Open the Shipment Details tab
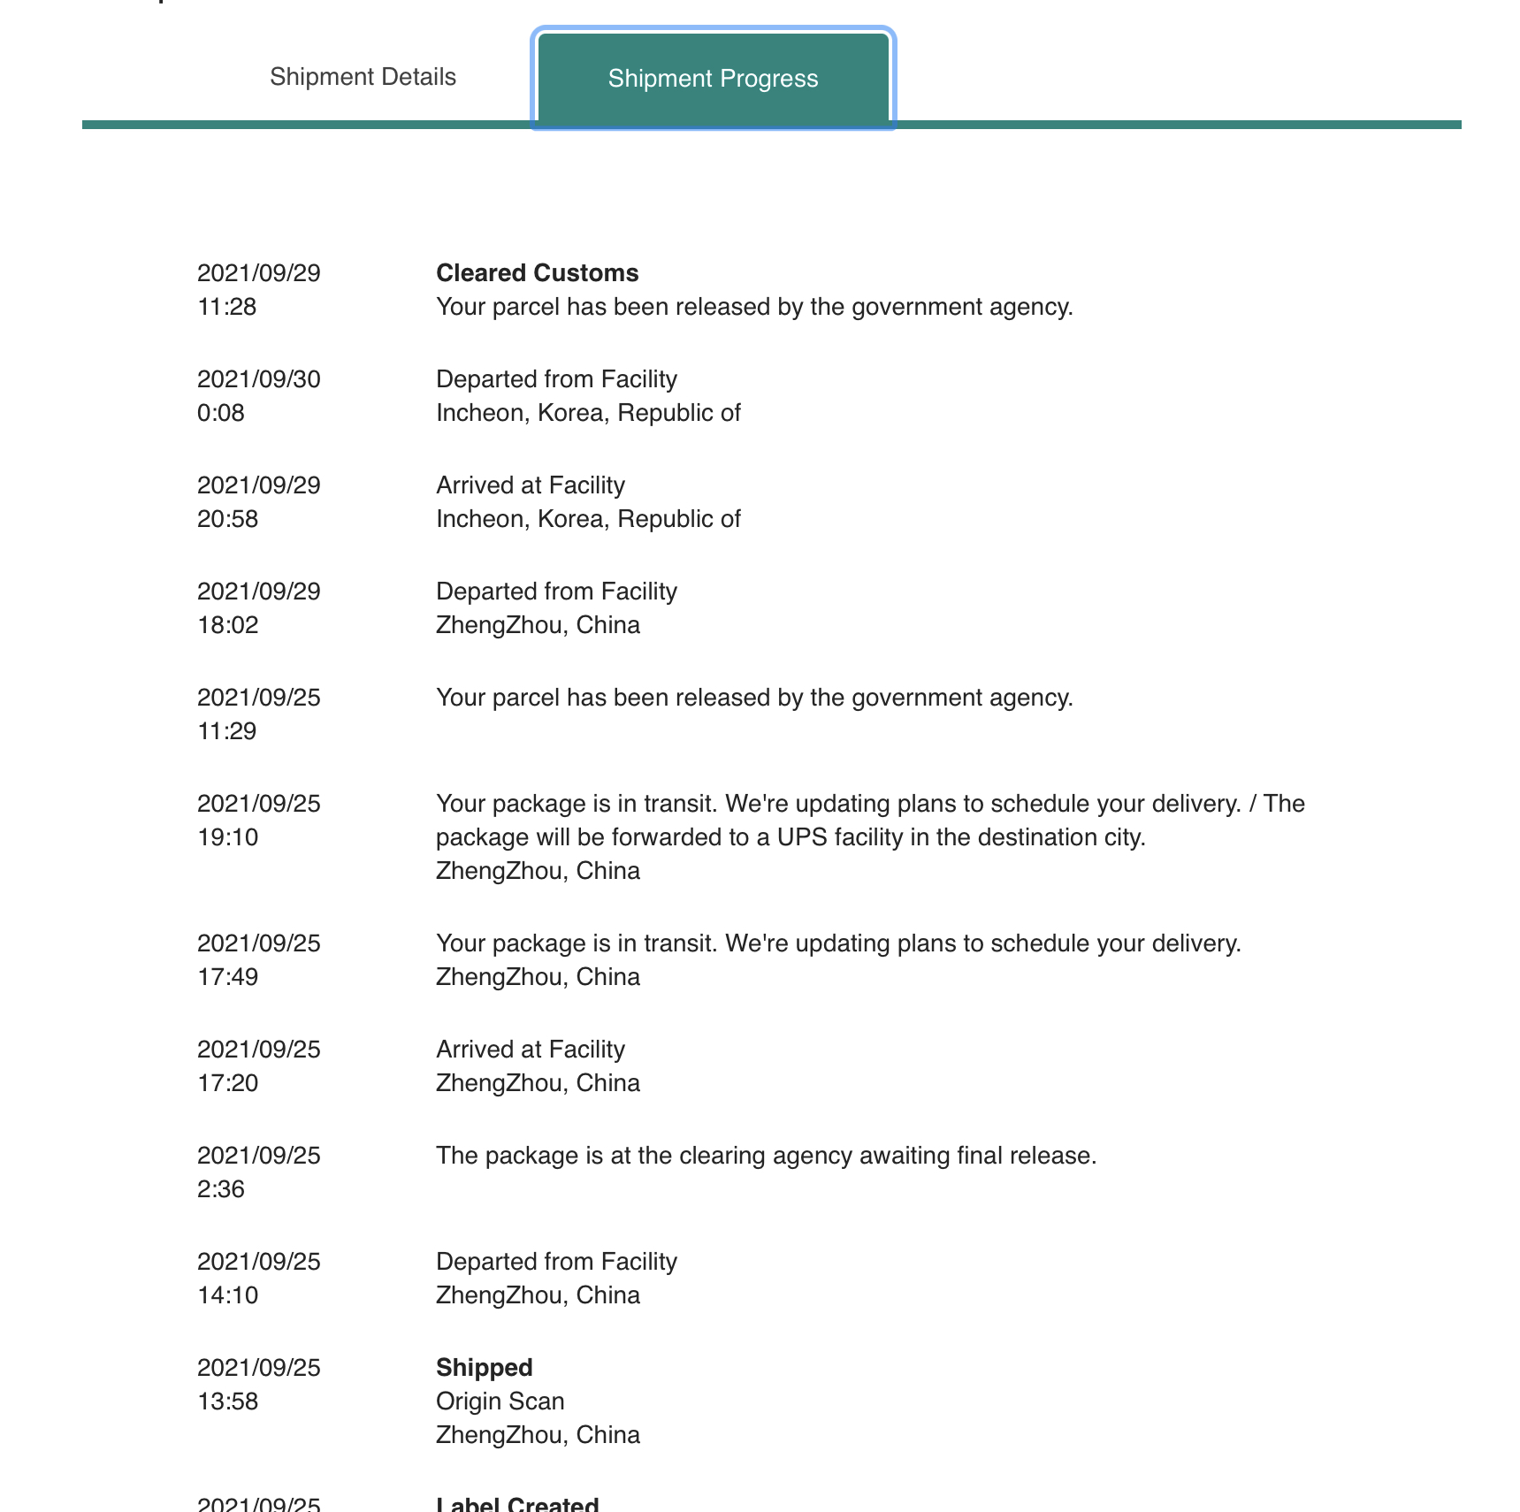[x=363, y=77]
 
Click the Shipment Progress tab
[x=713, y=79]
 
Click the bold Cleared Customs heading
[x=537, y=273]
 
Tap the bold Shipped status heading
[x=484, y=1368]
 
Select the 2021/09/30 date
[x=258, y=379]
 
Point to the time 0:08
[x=220, y=413]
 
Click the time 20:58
[x=227, y=519]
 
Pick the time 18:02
[x=227, y=625]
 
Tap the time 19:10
[x=227, y=837]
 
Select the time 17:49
[x=227, y=977]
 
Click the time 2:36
[x=220, y=1189]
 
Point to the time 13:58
[x=227, y=1401]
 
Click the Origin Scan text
[x=500, y=1401]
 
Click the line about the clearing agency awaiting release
[x=766, y=1156]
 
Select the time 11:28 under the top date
[x=226, y=307]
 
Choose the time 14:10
[x=227, y=1295]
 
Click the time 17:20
[x=227, y=1083]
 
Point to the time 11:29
[x=226, y=731]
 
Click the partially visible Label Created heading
[x=517, y=1504]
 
